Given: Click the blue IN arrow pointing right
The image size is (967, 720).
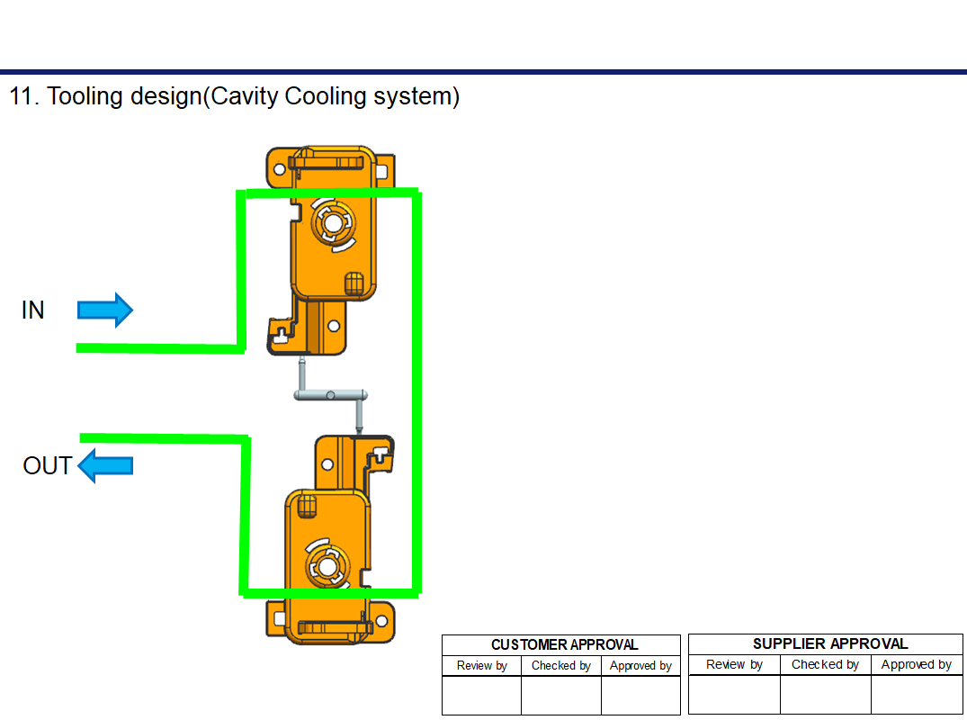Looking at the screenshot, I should [x=105, y=310].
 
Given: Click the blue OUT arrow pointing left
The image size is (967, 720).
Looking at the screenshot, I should [x=105, y=466].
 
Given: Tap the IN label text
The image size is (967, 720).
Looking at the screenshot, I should [x=33, y=310].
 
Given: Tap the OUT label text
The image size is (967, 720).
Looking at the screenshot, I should [x=48, y=466].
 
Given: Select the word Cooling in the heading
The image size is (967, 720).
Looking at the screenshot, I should [x=325, y=96].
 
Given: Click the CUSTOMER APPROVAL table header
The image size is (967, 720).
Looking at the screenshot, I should [x=564, y=644].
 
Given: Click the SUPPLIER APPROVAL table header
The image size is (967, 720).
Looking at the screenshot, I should [x=829, y=643].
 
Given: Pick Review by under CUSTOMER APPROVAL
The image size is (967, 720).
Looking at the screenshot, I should [x=481, y=666].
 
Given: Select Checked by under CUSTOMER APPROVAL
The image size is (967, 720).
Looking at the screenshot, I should [x=560, y=666].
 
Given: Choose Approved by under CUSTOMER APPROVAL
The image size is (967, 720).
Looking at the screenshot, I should [x=640, y=666].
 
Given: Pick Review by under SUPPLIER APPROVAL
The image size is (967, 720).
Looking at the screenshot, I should [x=734, y=665].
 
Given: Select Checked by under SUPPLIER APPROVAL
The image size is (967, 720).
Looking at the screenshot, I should [x=825, y=665].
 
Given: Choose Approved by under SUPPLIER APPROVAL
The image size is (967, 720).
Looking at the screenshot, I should [x=916, y=665].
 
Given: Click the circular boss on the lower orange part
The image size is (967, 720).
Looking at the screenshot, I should [x=324, y=565].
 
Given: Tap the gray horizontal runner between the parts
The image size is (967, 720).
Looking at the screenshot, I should [x=331, y=394].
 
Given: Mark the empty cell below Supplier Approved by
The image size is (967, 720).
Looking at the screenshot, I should [x=916, y=694].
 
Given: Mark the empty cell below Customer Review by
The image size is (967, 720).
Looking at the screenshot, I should [x=481, y=695].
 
